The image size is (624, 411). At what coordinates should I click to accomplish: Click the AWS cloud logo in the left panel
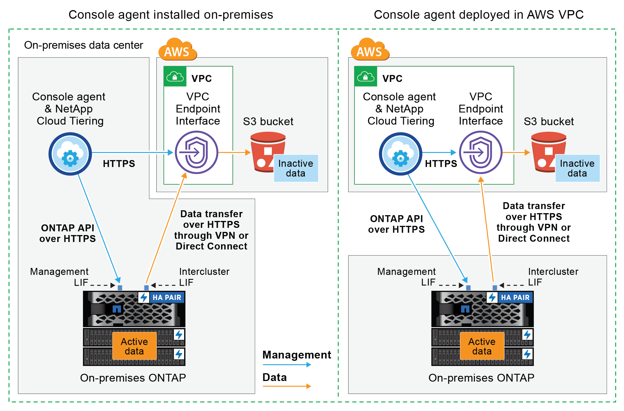[x=177, y=50]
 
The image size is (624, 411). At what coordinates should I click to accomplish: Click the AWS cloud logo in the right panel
[x=369, y=50]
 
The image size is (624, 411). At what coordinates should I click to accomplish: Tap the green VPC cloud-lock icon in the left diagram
[x=175, y=77]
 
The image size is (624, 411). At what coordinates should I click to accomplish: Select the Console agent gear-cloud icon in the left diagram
[x=70, y=154]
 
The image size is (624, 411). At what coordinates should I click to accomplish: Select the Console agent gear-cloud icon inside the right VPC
[x=400, y=154]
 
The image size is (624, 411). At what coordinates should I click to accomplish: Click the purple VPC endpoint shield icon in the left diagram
[x=196, y=152]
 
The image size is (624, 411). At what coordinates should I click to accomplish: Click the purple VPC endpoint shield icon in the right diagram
[x=481, y=152]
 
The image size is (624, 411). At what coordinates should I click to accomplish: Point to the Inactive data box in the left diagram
[x=296, y=168]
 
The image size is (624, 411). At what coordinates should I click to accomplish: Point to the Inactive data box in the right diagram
[x=577, y=168]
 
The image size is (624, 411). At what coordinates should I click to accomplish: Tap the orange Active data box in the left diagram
[x=134, y=346]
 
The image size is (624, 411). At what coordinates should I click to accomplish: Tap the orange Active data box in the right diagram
[x=482, y=346]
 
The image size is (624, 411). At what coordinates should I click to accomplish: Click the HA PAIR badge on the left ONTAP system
[x=167, y=297]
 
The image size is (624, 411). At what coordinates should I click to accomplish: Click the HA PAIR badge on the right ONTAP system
[x=515, y=297]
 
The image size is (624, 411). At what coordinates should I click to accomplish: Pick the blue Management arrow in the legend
[x=287, y=365]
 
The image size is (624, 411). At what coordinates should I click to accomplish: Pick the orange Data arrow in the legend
[x=287, y=386]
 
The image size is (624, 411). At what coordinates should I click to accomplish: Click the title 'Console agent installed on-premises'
[x=171, y=15]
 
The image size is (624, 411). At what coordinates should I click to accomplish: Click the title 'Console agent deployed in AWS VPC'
[x=479, y=15]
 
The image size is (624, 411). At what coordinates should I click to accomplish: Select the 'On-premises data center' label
[x=83, y=45]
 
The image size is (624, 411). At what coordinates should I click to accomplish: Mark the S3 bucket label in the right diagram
[x=549, y=121]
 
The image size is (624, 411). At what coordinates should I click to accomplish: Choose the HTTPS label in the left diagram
[x=119, y=164]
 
